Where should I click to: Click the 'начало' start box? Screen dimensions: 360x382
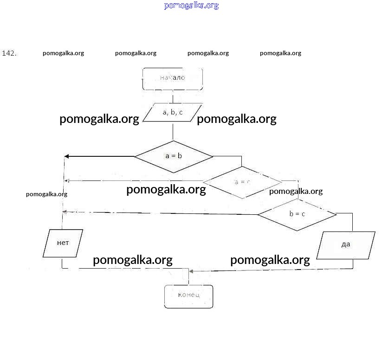172,78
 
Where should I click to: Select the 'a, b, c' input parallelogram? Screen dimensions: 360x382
173,112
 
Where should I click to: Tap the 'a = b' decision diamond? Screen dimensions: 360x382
174,156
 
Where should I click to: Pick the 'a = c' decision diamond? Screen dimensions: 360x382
242,182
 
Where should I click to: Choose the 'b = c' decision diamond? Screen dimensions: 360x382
297,214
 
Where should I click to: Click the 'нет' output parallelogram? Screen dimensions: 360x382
63,243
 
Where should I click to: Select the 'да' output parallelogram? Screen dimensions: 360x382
346,244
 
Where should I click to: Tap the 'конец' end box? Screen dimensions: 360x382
188,296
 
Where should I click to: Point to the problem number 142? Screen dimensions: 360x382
9,53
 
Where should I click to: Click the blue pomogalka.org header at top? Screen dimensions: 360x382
191,6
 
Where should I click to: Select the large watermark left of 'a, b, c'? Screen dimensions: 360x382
99,119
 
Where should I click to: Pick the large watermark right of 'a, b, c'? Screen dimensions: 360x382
237,119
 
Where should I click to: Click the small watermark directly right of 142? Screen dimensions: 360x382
63,53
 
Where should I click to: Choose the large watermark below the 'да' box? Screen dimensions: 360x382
270,260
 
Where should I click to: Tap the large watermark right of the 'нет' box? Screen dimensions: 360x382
133,260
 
